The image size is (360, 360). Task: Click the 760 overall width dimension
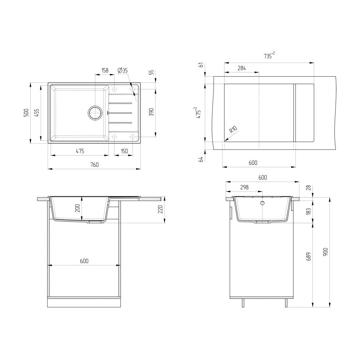[94, 165]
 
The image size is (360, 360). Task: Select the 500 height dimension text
[26, 113]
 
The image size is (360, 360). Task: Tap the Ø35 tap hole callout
[123, 71]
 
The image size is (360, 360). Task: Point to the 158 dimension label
[105, 71]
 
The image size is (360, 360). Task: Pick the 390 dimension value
[152, 112]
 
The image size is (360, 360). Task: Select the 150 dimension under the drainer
[124, 152]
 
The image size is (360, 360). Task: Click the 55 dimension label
[152, 72]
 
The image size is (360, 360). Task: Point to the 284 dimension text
[241, 68]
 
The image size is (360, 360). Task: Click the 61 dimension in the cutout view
[201, 65]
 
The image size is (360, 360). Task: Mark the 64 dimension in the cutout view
[201, 159]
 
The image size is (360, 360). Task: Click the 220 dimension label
[161, 209]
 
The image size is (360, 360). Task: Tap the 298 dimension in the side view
[244, 188]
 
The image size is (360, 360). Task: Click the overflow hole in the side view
[262, 203]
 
